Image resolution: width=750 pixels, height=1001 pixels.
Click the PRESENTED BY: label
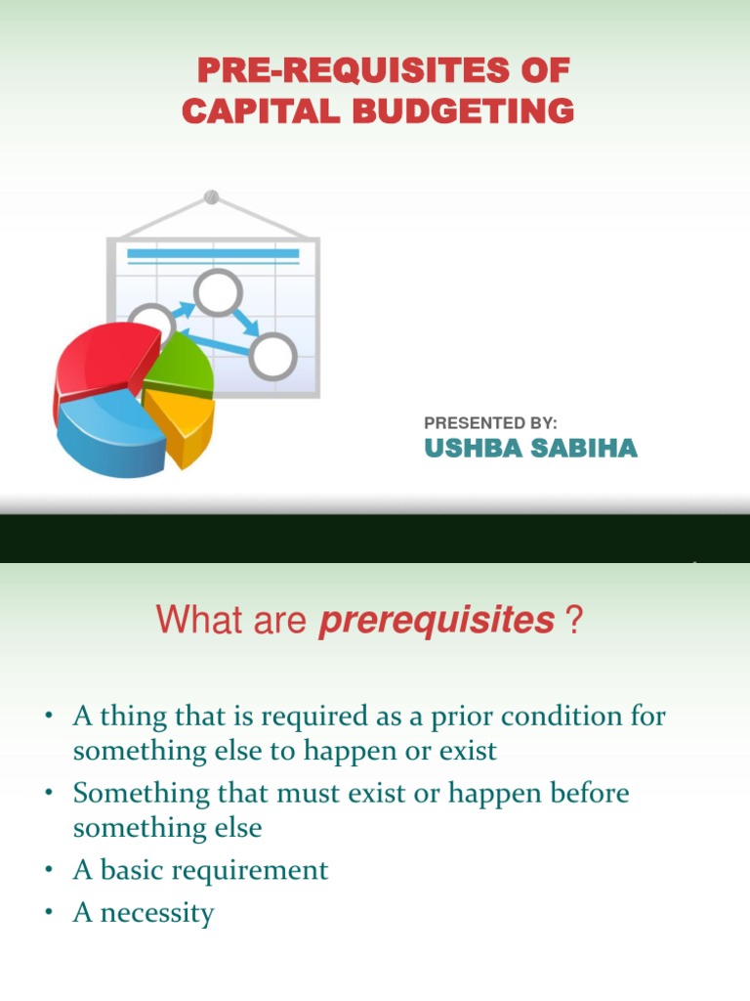point(490,422)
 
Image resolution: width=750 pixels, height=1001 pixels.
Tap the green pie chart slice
point(184,365)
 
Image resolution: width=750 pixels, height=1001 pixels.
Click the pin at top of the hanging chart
point(211,197)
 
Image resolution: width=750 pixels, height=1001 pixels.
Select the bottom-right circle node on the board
point(271,355)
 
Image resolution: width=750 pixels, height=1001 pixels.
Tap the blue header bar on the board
point(213,254)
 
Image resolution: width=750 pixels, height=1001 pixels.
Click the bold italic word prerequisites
point(436,620)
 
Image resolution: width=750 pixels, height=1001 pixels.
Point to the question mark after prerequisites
point(572,620)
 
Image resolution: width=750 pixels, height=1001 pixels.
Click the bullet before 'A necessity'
point(47,914)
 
